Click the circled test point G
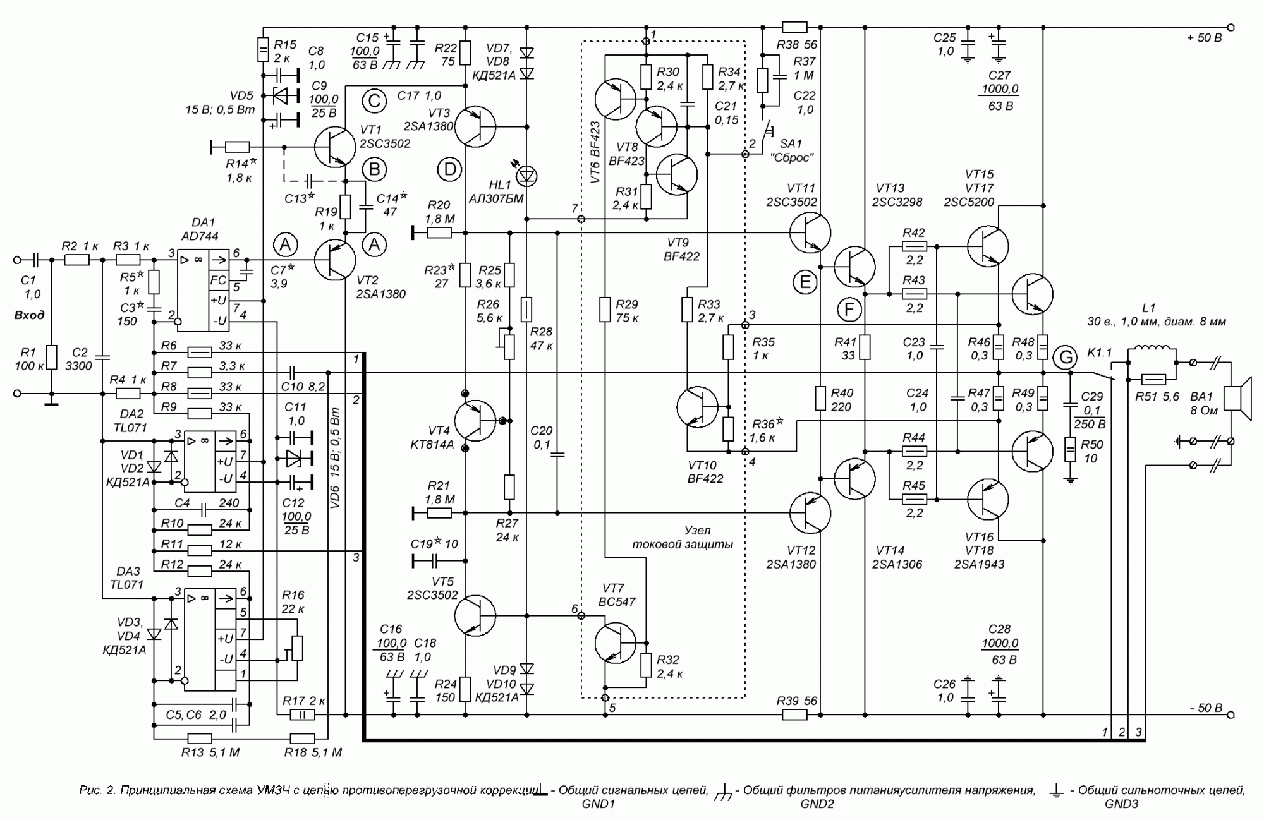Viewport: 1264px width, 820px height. point(1066,358)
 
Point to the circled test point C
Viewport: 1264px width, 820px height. point(374,101)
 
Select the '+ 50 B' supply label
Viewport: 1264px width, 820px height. point(1204,38)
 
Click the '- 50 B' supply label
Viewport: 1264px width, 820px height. point(1204,708)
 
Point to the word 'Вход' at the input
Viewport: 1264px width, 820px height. point(30,315)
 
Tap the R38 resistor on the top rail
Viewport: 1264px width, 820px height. point(794,27)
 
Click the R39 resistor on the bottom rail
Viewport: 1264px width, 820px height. point(794,715)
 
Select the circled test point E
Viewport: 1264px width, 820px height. point(805,282)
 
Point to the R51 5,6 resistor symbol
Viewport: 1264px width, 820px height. point(1153,380)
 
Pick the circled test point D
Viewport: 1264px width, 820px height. point(449,169)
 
